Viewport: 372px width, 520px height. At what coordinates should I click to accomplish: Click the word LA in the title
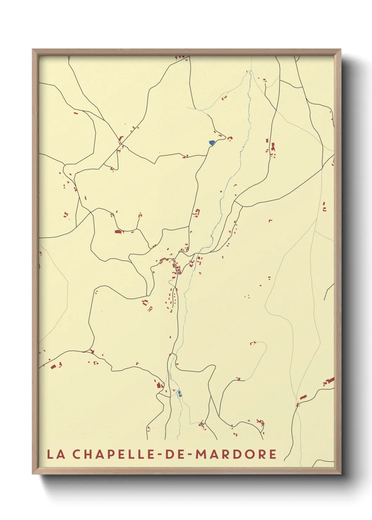56,454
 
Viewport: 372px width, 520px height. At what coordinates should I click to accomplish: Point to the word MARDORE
236,454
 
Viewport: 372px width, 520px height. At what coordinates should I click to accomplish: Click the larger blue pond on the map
212,143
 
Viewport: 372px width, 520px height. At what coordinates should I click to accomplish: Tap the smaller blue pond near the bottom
180,394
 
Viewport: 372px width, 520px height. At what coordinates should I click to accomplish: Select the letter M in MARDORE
201,454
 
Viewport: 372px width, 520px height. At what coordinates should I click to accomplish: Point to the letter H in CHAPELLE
89,454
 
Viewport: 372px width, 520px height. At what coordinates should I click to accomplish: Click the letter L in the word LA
50,454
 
